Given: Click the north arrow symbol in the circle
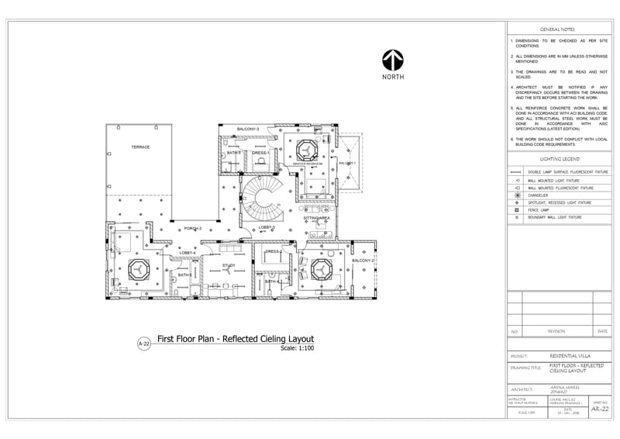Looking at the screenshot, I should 391,60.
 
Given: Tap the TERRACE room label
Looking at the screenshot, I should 140,147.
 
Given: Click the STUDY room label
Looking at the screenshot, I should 229,265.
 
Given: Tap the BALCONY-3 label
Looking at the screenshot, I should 248,128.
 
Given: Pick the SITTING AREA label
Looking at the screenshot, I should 316,219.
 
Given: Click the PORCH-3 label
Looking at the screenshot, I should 192,229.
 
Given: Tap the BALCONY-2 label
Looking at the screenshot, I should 362,261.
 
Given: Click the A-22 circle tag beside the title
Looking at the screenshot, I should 143,344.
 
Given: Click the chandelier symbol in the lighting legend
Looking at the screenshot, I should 516,195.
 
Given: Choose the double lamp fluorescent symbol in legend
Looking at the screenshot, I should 516,172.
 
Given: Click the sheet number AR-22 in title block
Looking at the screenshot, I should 599,409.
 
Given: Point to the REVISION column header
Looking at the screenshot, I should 556,331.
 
